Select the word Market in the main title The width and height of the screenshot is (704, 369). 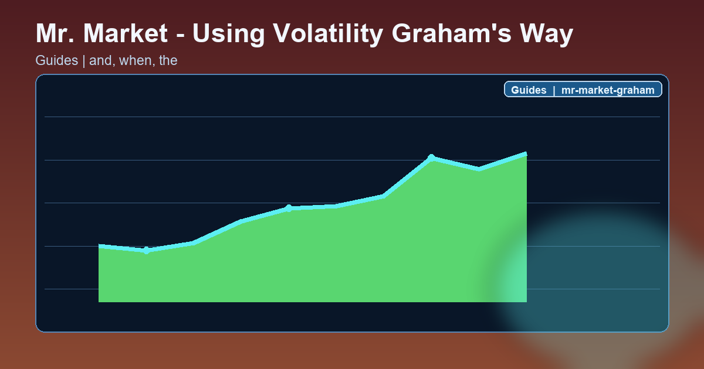tap(126, 34)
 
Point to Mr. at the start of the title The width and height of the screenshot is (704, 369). tap(55, 34)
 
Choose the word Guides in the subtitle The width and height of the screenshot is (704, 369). tap(57, 60)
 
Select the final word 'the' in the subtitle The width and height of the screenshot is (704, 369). tap(168, 60)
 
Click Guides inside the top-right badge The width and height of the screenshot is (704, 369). tap(529, 90)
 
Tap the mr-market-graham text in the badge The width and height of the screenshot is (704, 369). tap(607, 90)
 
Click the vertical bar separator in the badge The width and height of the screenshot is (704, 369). tap(553, 90)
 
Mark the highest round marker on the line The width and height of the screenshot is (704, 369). tap(431, 158)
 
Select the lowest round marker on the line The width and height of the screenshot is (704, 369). tap(146, 250)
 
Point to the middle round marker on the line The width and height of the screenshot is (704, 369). tap(289, 208)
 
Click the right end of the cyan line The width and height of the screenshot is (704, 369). tap(526, 154)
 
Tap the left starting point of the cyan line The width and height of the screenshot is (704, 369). tap(99, 246)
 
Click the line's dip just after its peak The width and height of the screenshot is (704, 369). tap(479, 169)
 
